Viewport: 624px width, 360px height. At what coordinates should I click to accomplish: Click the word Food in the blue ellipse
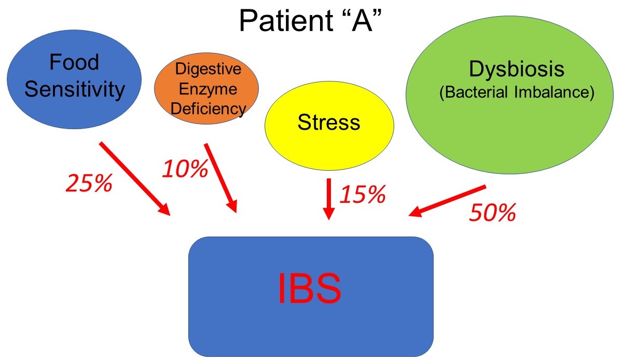pyautogui.click(x=74, y=63)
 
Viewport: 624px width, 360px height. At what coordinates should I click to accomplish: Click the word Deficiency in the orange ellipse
pyautogui.click(x=207, y=108)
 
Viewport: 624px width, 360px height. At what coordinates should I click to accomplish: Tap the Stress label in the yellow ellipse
pyautogui.click(x=328, y=123)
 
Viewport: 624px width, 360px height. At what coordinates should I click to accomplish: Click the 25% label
pyautogui.click(x=88, y=183)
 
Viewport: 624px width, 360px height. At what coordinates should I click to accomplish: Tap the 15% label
pyautogui.click(x=363, y=195)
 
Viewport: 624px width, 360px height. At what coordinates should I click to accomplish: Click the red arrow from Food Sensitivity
pyautogui.click(x=134, y=178)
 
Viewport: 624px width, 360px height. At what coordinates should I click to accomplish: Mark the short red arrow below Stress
pyautogui.click(x=328, y=199)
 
